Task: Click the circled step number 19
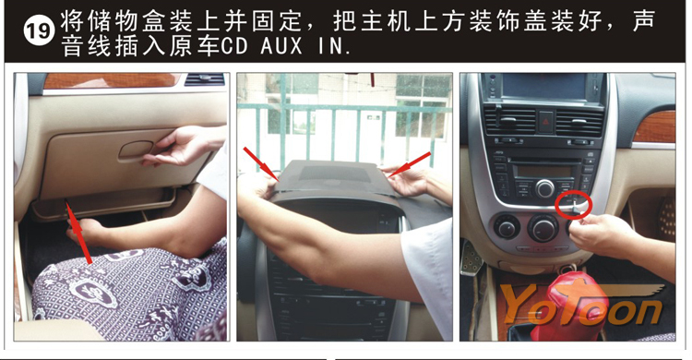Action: point(39,30)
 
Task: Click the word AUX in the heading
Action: point(281,46)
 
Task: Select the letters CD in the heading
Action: point(234,46)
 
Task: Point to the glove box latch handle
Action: point(136,150)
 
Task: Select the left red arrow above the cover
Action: point(261,164)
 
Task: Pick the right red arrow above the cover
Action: point(410,164)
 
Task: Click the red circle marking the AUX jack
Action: point(573,204)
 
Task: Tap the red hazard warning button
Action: point(545,121)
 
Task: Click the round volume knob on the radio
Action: point(545,188)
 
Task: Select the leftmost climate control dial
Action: point(507,226)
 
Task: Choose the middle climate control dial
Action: point(543,228)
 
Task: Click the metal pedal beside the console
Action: point(471,258)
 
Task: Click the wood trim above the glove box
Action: point(111,80)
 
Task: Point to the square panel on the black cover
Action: point(335,174)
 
